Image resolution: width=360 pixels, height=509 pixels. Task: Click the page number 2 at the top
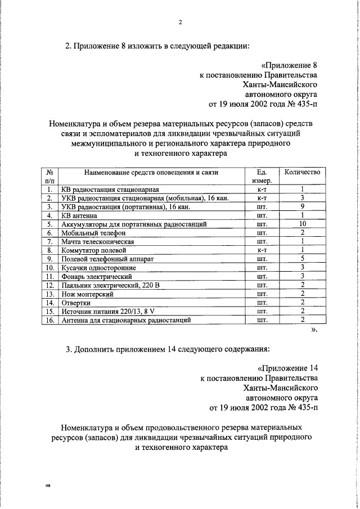[x=180, y=22]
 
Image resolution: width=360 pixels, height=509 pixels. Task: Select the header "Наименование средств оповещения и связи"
[x=151, y=172]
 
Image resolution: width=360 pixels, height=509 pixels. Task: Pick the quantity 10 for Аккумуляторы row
[x=302, y=224]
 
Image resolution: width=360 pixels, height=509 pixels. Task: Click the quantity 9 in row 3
[x=302, y=206]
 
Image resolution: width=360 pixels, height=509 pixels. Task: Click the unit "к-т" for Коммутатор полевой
[x=261, y=250]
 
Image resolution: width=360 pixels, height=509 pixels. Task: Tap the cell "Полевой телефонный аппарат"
[x=107, y=259]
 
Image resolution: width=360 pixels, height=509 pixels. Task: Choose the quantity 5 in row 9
[x=302, y=259]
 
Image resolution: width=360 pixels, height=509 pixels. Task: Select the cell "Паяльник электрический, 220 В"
[x=110, y=286]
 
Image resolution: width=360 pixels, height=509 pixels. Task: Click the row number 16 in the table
[x=49, y=321]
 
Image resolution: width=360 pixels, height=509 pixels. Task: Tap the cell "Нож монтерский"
[x=88, y=294]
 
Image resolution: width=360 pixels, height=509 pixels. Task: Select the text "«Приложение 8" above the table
[x=290, y=64]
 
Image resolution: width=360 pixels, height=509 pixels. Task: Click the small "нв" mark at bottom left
[x=48, y=484]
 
